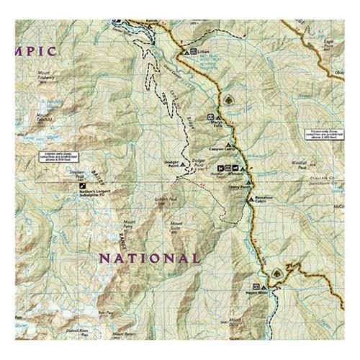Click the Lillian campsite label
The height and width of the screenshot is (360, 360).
coord(203,52)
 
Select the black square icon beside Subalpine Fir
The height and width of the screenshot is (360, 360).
coord(81,186)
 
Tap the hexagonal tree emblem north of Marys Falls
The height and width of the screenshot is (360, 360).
coord(229,99)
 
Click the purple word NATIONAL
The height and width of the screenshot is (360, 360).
coord(149,258)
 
